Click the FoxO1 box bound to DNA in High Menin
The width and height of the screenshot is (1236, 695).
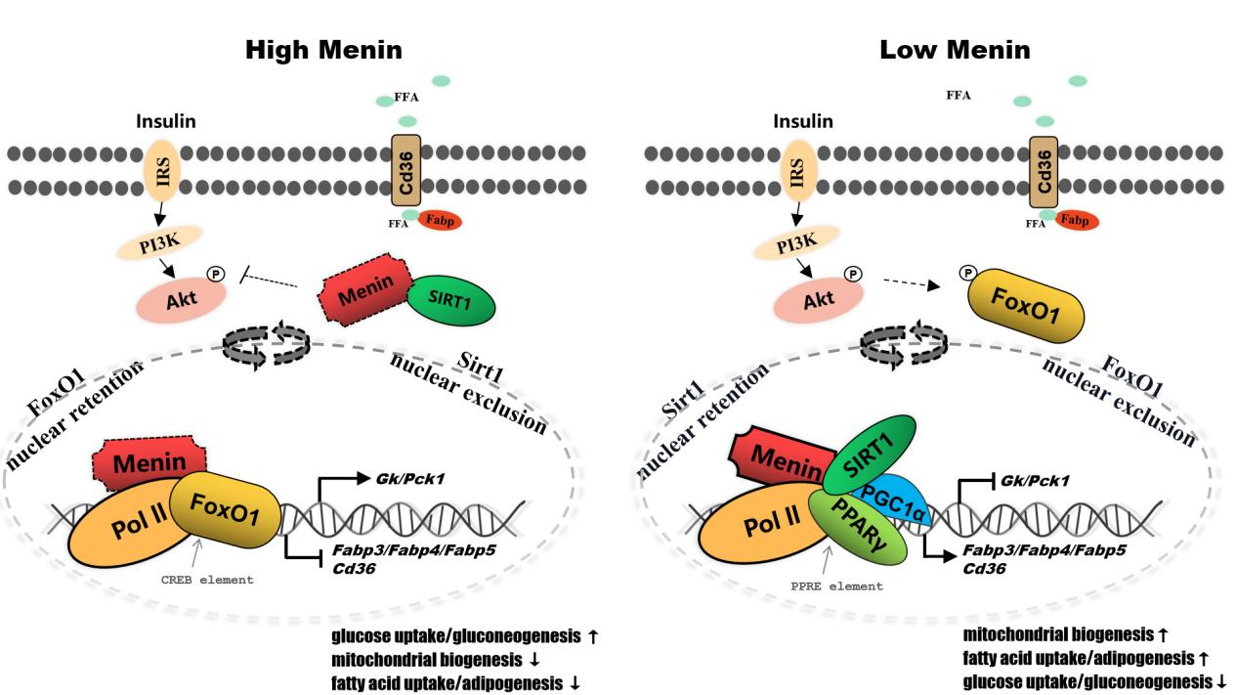225,508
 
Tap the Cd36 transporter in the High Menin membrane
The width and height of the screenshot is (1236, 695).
405,170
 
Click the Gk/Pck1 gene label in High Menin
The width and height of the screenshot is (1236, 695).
404,480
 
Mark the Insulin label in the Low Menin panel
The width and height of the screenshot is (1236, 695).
803,122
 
